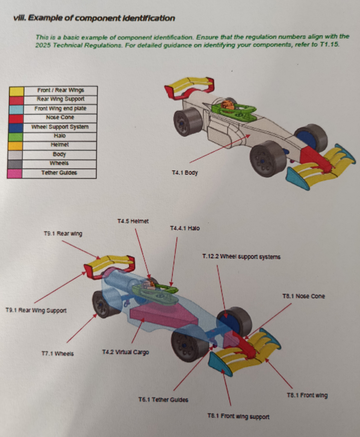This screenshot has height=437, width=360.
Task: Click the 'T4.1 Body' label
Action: click(x=185, y=172)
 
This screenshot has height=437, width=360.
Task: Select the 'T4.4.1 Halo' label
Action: click(x=185, y=228)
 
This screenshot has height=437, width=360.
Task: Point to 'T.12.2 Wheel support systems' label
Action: click(x=241, y=257)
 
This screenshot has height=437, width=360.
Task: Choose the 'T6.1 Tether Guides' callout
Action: click(x=163, y=400)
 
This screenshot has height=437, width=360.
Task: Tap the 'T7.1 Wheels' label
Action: click(x=58, y=353)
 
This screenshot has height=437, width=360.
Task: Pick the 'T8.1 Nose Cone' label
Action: click(x=303, y=296)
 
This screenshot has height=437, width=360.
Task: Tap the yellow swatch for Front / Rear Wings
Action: click(x=16, y=91)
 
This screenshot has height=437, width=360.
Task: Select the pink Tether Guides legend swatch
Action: click(x=15, y=173)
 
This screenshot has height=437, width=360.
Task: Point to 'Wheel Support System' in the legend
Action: click(x=60, y=127)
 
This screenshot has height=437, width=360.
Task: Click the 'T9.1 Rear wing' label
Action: click(x=63, y=234)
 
